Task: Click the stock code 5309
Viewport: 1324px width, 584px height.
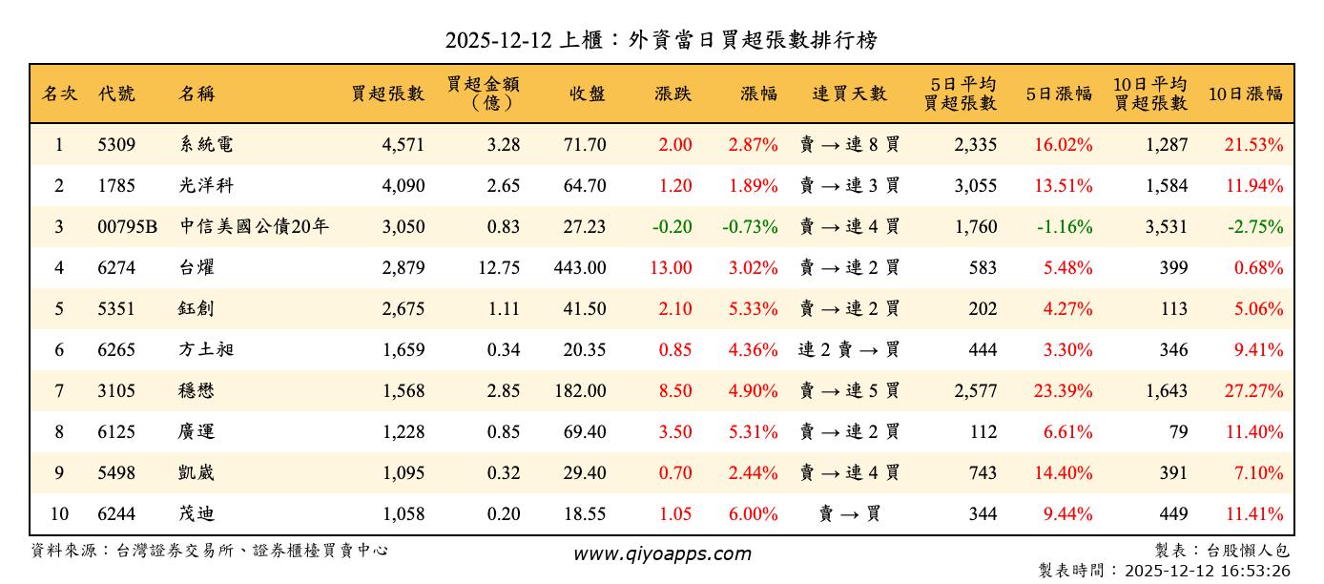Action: click(116, 145)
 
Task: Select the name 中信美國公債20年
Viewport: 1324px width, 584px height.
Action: click(255, 227)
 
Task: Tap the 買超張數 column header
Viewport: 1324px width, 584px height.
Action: click(387, 94)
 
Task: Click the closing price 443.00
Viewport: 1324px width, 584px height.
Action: click(579, 268)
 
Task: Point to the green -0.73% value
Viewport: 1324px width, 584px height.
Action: click(750, 227)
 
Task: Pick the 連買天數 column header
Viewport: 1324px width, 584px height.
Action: click(849, 94)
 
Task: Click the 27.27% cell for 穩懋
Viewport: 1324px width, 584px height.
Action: click(1253, 391)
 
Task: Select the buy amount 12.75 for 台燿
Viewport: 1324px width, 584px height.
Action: click(499, 268)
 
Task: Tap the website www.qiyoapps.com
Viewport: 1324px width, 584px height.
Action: click(662, 554)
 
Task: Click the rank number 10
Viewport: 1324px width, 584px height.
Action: click(59, 514)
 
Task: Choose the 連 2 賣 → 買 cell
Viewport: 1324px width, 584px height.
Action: click(849, 350)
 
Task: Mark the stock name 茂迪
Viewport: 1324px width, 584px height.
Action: click(197, 514)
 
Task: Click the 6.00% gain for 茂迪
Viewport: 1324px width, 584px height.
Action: click(753, 514)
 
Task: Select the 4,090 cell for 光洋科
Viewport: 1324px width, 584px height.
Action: click(403, 186)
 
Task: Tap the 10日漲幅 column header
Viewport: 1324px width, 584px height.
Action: click(1245, 94)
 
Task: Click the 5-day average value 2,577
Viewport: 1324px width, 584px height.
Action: click(975, 391)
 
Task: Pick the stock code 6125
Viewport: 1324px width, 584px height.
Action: click(116, 432)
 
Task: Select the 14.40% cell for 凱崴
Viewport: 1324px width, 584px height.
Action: click(1063, 473)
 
